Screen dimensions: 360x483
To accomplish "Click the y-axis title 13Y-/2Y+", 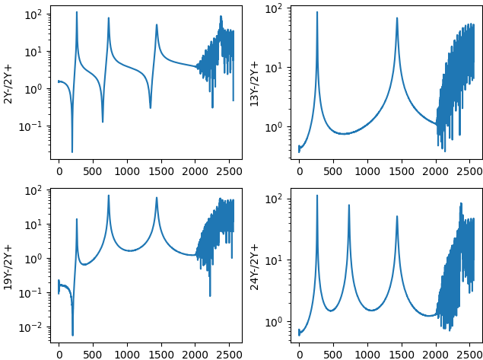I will click(255, 82).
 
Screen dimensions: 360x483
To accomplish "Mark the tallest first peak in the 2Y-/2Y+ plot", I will click(77, 12).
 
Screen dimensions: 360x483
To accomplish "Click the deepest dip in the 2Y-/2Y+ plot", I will click(72, 152).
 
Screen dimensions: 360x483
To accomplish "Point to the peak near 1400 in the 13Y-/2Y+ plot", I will click(397, 18).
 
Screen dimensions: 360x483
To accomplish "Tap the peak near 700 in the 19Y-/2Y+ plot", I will click(108, 196).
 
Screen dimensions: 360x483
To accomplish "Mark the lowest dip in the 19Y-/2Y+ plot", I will click(72, 334).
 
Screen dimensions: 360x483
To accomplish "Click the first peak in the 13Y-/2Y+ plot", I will click(317, 12).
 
